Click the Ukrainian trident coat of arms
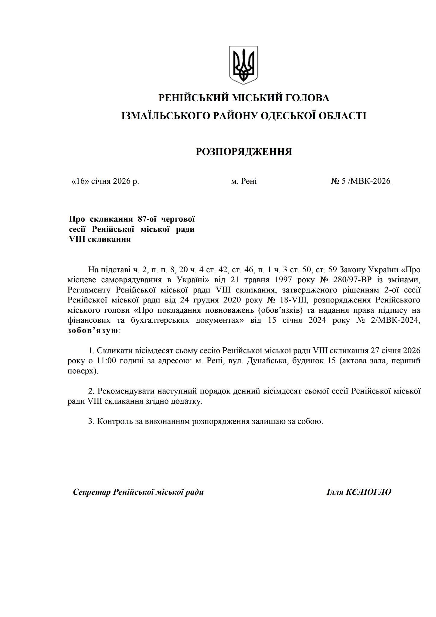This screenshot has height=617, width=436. (x=244, y=65)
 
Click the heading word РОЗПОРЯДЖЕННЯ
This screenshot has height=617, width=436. (x=244, y=152)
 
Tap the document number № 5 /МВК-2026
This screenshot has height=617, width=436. (x=360, y=181)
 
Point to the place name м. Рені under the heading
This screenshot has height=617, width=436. (x=244, y=181)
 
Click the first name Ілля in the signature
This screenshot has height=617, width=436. (x=335, y=492)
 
